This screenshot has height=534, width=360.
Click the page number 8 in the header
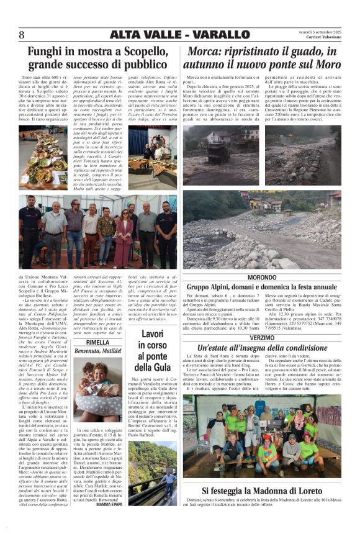coord(22,34)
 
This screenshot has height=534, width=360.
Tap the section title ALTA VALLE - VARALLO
coord(179,34)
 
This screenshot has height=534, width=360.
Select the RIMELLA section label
coord(97,342)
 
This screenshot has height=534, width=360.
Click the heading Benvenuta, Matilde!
coord(97,351)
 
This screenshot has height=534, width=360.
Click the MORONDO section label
coord(261,276)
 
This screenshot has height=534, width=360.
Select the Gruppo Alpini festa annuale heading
coord(261,287)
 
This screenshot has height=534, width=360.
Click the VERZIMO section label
coord(261,337)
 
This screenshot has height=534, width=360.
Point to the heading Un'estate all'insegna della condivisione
coord(261,347)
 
